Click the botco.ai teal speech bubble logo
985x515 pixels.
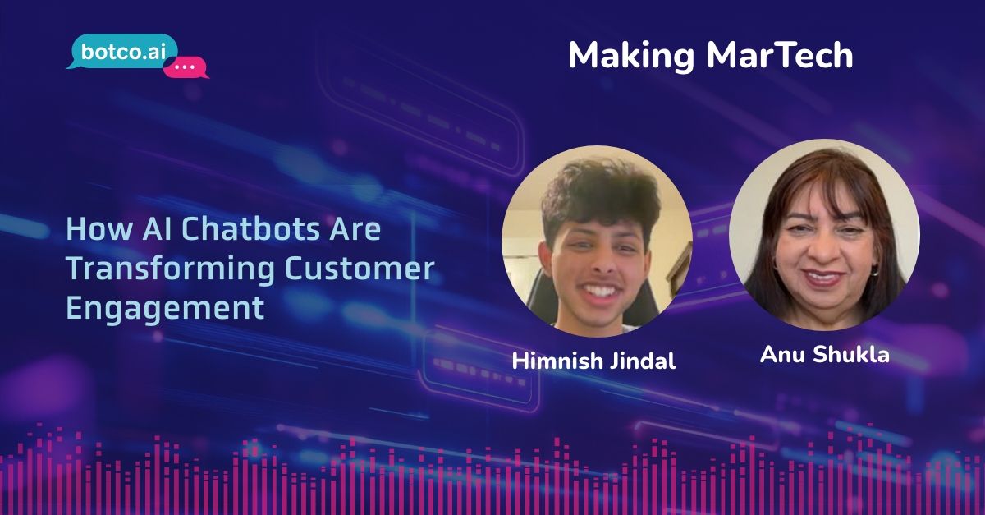point(114,52)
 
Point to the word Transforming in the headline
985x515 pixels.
point(159,269)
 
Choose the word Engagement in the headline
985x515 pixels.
point(165,309)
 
